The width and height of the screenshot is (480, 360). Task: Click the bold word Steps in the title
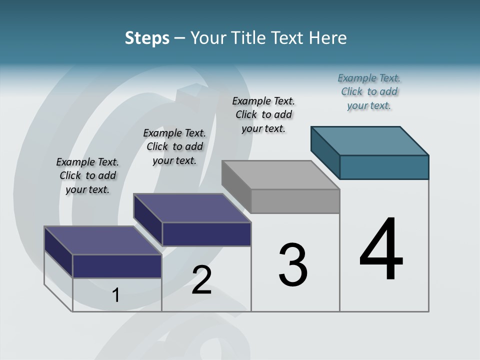coord(147,38)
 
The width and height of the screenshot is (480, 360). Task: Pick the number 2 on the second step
coord(201,280)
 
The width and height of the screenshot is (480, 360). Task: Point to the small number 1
coord(116,295)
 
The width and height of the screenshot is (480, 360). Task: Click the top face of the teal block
coord(370,140)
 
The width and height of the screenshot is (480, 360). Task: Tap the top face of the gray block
coord(280,174)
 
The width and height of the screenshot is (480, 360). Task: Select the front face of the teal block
coord(384,167)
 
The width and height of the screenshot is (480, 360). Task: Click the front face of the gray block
coord(295,201)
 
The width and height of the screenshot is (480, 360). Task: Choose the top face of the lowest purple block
coord(103,240)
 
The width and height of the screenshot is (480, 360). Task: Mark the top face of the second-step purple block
coord(192,207)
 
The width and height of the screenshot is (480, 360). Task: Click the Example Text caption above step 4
coord(369,91)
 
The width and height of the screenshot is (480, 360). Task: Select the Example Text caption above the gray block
coord(263,114)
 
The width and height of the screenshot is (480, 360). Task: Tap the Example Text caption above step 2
coord(174,146)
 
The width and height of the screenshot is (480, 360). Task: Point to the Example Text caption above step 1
coord(87,175)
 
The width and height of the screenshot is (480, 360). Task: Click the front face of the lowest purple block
coord(117,266)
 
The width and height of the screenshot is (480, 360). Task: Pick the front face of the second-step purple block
coord(206,234)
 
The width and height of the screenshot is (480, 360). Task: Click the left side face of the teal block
coord(325,152)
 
